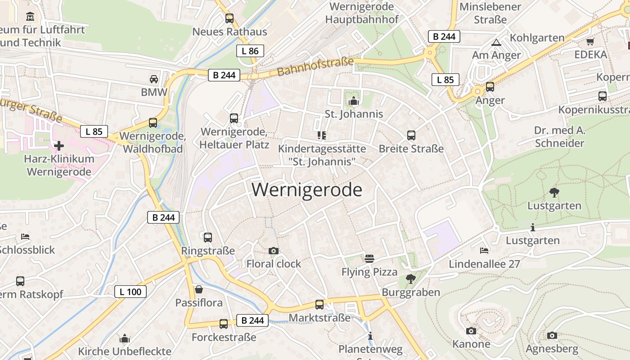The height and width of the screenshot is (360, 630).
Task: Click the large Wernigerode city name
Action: pos(306,190)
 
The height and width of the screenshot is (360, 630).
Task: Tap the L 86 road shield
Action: pos(250,51)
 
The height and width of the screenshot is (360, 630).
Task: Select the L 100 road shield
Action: pos(130,292)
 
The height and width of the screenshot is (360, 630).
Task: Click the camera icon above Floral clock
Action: pos(273,251)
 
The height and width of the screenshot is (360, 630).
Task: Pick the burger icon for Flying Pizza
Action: pos(369,258)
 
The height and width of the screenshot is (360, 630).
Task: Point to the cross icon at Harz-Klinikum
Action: pos(59,145)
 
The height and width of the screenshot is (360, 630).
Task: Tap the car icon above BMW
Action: pos(154,79)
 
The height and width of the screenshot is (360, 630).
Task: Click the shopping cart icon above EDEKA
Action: pos(590,41)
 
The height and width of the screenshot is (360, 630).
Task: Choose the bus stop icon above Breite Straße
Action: pos(411,135)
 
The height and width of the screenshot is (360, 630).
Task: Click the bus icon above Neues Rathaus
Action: pos(229,18)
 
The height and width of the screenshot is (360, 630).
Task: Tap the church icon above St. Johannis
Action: pos(354,100)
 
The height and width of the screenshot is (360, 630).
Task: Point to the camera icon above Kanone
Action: pos(471,331)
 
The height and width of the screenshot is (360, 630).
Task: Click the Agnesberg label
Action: pos(552,349)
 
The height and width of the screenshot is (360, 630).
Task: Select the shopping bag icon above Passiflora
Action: pos(198,289)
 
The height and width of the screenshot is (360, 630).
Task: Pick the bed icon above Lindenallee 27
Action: pos(484,250)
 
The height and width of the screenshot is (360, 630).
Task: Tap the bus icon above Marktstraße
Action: pos(319,305)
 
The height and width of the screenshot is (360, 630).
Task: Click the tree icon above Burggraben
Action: pos(410,279)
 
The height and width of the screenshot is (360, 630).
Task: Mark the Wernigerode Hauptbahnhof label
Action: pos(362,13)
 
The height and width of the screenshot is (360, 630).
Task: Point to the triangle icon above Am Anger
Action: pos(496,43)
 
